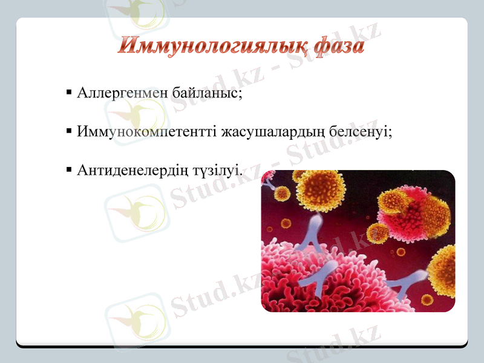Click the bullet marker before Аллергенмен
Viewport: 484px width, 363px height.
click(x=69, y=94)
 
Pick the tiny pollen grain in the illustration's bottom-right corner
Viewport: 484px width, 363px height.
click(x=427, y=299)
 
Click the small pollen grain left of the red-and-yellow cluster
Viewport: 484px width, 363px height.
click(x=378, y=233)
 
